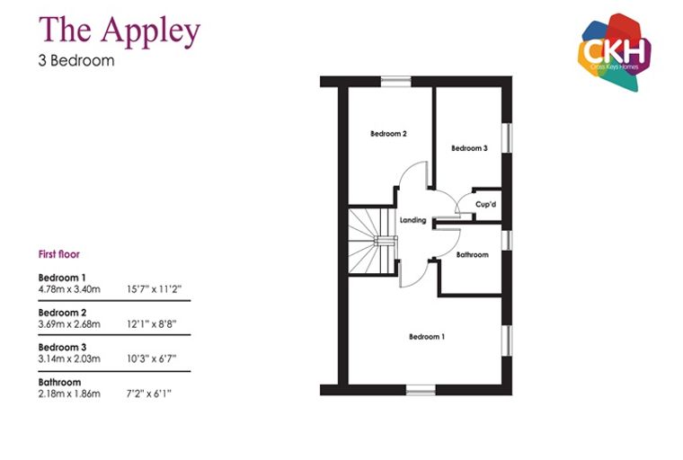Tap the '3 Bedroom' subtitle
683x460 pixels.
pyautogui.click(x=76, y=60)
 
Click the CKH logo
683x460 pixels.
pyautogui.click(x=615, y=52)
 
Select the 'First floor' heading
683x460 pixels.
pyautogui.click(x=59, y=254)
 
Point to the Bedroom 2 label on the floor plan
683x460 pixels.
pyautogui.click(x=388, y=134)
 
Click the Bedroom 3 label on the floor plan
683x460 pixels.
pyautogui.click(x=469, y=148)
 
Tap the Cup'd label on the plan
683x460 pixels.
pyautogui.click(x=485, y=204)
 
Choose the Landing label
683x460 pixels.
pyautogui.click(x=412, y=220)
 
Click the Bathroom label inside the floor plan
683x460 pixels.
pyautogui.click(x=472, y=254)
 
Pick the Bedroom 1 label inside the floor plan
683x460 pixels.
pyautogui.click(x=427, y=337)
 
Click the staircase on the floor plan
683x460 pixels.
pyautogui.click(x=372, y=241)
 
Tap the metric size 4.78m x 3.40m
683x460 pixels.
pyautogui.click(x=69, y=289)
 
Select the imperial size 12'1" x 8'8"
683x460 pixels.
pyautogui.click(x=152, y=324)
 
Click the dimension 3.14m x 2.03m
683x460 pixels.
pyautogui.click(x=69, y=359)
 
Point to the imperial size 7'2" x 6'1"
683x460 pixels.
pyautogui.click(x=149, y=394)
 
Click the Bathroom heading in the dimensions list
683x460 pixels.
pyautogui.click(x=59, y=383)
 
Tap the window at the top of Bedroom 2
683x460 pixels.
pyautogui.click(x=396, y=82)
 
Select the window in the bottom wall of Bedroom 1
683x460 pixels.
pyautogui.click(x=421, y=390)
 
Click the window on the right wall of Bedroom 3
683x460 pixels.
pyautogui.click(x=507, y=138)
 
